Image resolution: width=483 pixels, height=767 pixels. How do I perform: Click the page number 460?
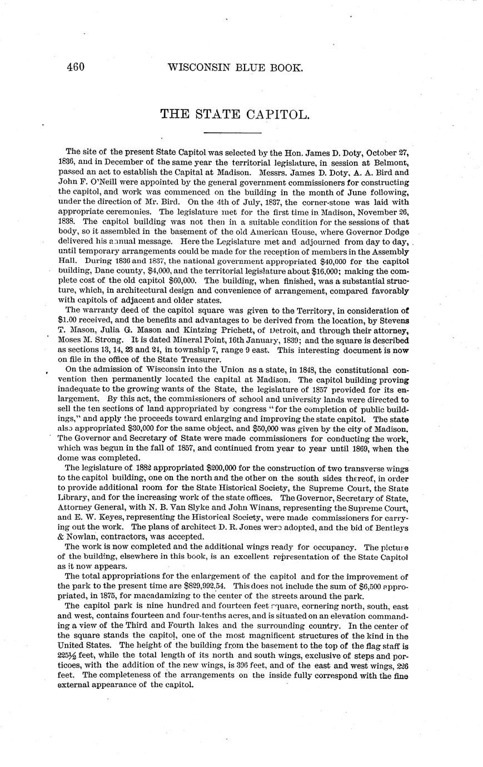pos(75,67)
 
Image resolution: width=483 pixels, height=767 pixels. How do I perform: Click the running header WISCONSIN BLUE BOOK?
pos(235,68)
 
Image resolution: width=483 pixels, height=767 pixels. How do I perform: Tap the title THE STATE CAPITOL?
pos(234,114)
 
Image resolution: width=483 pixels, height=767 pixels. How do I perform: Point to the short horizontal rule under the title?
pos(233,133)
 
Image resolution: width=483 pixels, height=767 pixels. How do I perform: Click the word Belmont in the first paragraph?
pos(392,162)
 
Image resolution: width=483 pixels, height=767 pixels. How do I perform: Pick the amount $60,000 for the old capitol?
pos(178,281)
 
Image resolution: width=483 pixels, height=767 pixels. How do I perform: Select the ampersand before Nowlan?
pos(61,536)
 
